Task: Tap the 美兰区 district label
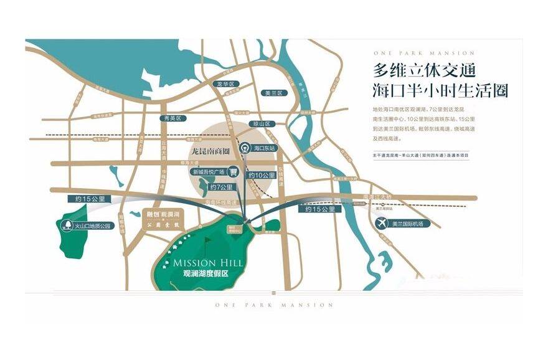pos(273,93)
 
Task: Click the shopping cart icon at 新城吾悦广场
pos(234,171)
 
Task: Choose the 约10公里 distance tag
pos(261,176)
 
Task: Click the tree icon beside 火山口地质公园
pos(65,225)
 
